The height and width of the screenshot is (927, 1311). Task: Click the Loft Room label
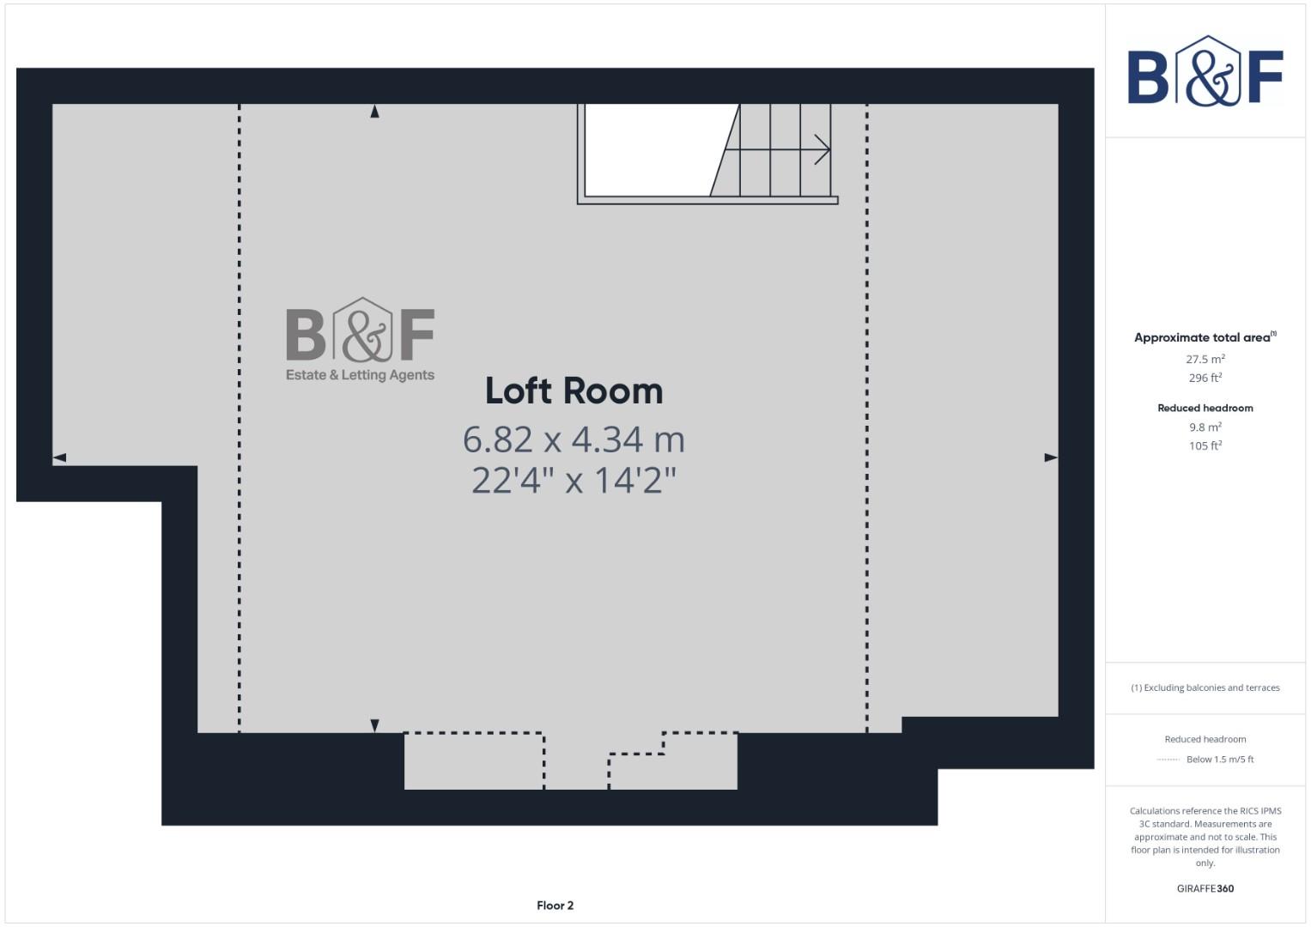[x=574, y=391]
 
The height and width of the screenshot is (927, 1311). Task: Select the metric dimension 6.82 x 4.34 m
[x=574, y=439]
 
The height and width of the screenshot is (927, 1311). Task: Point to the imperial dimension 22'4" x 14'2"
[x=574, y=480]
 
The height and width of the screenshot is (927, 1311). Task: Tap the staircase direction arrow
[x=822, y=150]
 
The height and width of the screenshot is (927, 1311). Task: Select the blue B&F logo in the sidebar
[x=1205, y=72]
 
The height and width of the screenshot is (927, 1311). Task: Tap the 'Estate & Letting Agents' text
[x=360, y=375]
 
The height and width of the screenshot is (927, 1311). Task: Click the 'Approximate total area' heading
[x=1202, y=337]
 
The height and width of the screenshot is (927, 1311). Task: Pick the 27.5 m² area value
[x=1205, y=359]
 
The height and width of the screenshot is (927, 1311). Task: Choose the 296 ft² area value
[x=1205, y=378]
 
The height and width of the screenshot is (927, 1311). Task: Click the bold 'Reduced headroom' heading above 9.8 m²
[x=1205, y=408]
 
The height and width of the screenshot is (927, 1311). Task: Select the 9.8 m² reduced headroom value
[x=1205, y=427]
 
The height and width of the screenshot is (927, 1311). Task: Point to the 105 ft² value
[x=1205, y=445]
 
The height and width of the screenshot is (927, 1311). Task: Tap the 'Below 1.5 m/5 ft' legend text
[x=1219, y=760]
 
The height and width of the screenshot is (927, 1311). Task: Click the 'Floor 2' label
[x=555, y=906]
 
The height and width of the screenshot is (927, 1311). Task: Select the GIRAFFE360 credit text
[x=1205, y=888]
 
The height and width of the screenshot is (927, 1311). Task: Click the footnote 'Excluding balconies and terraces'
[x=1211, y=688]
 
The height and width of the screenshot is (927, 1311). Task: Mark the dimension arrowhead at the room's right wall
[x=1051, y=457]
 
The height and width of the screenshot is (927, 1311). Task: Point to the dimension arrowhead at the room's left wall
[x=59, y=457]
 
